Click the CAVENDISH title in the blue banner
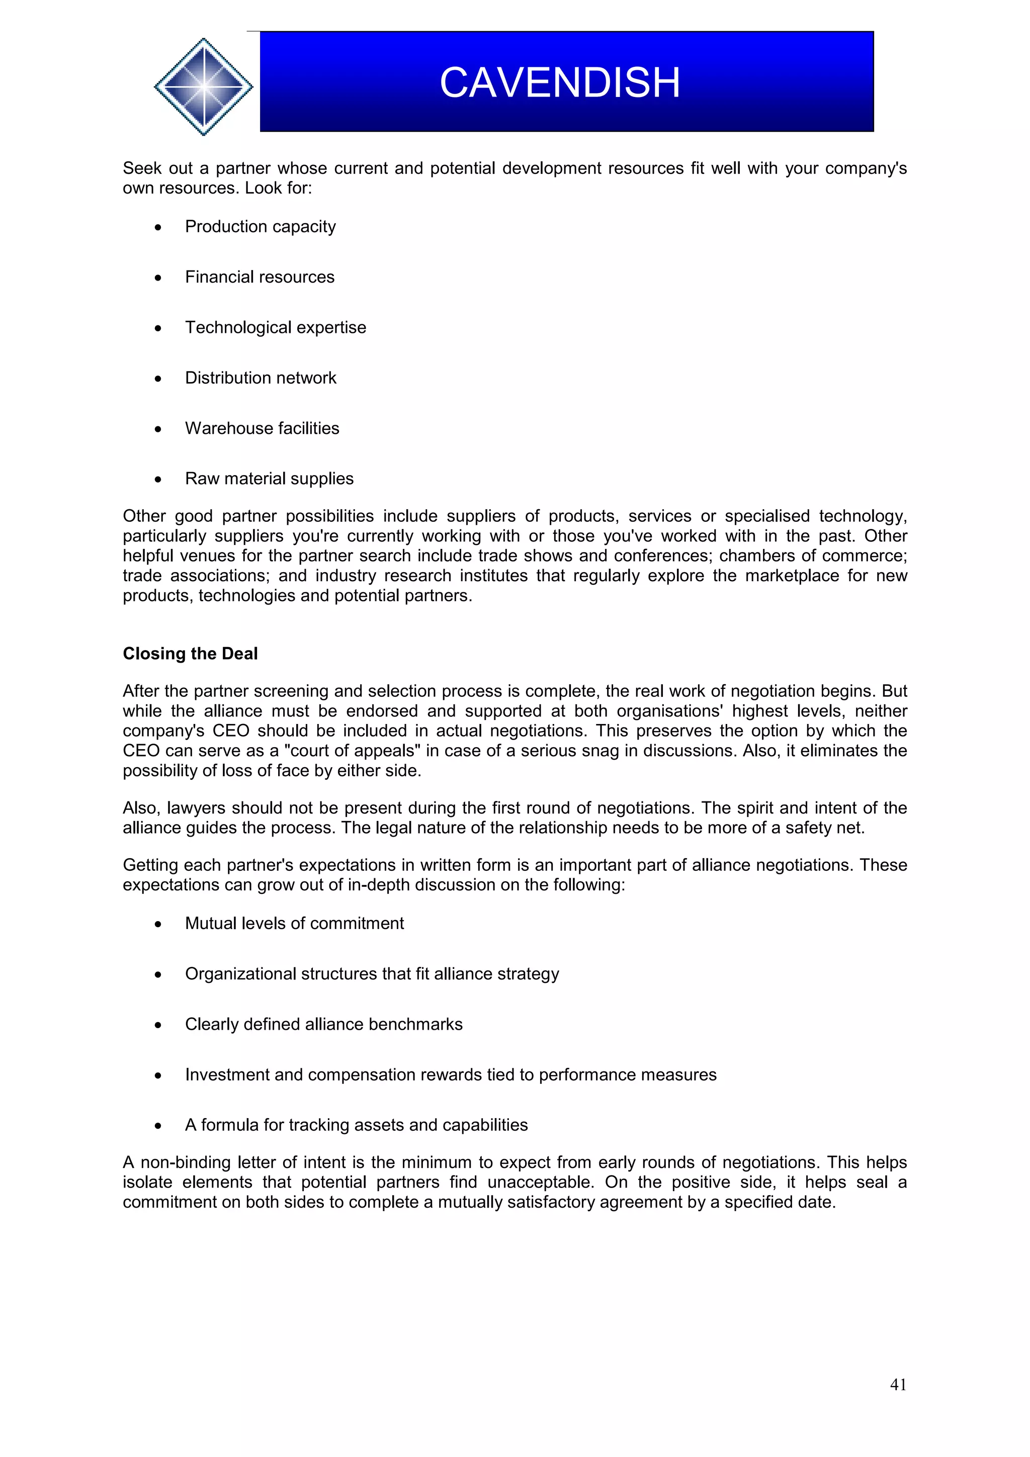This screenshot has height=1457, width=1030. (x=560, y=82)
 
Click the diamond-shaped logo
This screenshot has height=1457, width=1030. (x=204, y=86)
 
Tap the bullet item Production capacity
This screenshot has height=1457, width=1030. (x=260, y=227)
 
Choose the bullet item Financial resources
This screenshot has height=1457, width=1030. (x=260, y=278)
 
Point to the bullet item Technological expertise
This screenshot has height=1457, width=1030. (x=276, y=327)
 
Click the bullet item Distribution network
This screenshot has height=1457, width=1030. (x=260, y=378)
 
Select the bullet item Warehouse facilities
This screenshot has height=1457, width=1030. (x=262, y=428)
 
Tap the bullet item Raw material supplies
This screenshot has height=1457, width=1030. (x=269, y=479)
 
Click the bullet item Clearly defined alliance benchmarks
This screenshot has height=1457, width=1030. (x=324, y=1024)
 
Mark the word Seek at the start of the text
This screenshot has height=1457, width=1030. (x=142, y=168)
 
